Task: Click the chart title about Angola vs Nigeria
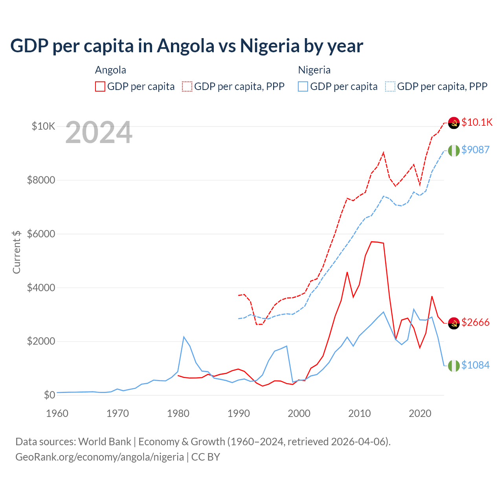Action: click(x=187, y=46)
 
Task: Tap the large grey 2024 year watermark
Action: click(x=99, y=133)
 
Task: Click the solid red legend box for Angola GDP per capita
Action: click(x=100, y=86)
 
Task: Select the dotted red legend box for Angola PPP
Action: click(x=187, y=86)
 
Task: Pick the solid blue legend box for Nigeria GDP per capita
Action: click(x=303, y=86)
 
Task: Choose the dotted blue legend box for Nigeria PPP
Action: click(x=390, y=86)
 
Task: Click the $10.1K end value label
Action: click(x=477, y=122)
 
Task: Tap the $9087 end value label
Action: click(x=475, y=150)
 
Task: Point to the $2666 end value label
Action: click(x=475, y=322)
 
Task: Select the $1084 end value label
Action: click(x=475, y=365)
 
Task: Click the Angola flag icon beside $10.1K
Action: click(x=454, y=123)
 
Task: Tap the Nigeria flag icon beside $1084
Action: click(x=454, y=365)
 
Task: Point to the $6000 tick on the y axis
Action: click(x=41, y=234)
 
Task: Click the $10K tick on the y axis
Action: click(x=43, y=126)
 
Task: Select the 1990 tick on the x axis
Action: click(x=239, y=413)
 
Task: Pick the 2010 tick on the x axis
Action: click(x=360, y=413)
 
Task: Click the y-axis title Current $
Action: click(x=17, y=252)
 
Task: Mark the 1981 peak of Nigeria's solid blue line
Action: click(x=184, y=337)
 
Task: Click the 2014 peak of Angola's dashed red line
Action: click(x=384, y=152)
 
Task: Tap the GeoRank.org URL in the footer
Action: click(x=99, y=457)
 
